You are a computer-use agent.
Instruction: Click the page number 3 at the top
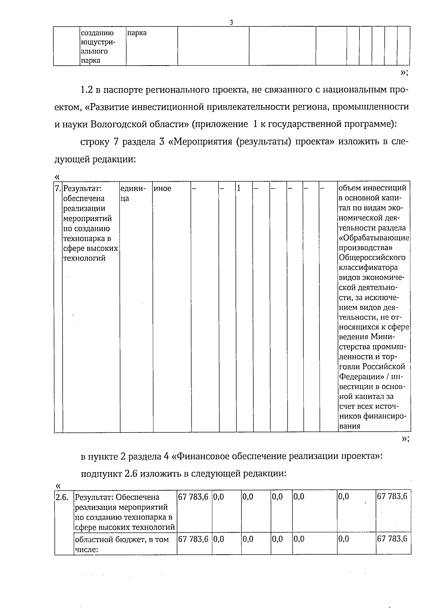231,22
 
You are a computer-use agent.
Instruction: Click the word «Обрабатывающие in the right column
374,238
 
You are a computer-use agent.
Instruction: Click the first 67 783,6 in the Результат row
193,497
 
